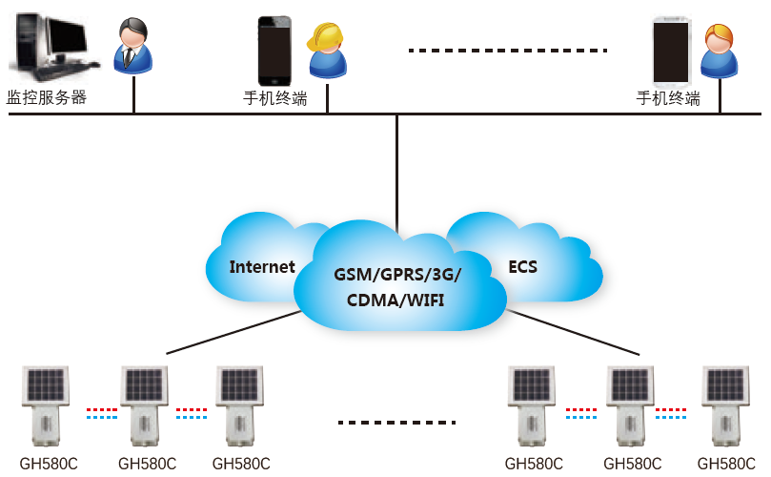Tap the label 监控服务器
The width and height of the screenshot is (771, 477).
coord(47,97)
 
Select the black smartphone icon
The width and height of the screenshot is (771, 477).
coord(275,51)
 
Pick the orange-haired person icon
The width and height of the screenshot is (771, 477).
coord(720,52)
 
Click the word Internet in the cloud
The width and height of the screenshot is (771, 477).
coord(262,267)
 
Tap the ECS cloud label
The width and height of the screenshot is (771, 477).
coord(522,267)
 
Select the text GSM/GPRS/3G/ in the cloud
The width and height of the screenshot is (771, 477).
coord(397,275)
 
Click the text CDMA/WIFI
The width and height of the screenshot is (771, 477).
coord(397,300)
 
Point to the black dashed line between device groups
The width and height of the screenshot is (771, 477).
coord(397,421)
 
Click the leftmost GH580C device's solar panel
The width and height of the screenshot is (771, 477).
coord(46,385)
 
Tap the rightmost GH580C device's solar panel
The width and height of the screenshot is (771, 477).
coord(725,385)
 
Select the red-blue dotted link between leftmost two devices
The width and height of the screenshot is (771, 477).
coord(101,414)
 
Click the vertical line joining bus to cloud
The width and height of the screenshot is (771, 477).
coord(396,162)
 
